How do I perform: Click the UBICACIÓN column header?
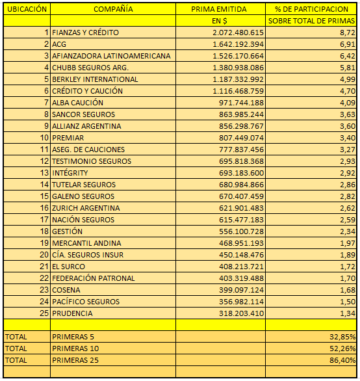point(27,9)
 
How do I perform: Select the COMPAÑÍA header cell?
point(113,9)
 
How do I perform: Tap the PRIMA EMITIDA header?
point(219,9)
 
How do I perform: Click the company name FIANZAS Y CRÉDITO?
point(86,33)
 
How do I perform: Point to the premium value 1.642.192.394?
point(238,44)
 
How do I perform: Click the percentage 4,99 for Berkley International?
point(348,79)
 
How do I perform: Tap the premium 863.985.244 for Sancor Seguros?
point(241,114)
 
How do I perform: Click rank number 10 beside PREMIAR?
point(44,138)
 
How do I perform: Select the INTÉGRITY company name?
point(70,173)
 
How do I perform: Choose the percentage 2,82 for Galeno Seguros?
point(348,196)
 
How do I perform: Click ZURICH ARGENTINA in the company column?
point(86,208)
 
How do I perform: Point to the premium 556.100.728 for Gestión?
point(241,231)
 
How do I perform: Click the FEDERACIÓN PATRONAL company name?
point(94,278)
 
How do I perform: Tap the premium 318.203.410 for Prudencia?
point(241,313)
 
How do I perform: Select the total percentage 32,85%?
point(342,337)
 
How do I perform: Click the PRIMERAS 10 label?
point(75,348)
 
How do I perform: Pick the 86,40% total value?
point(342,360)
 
